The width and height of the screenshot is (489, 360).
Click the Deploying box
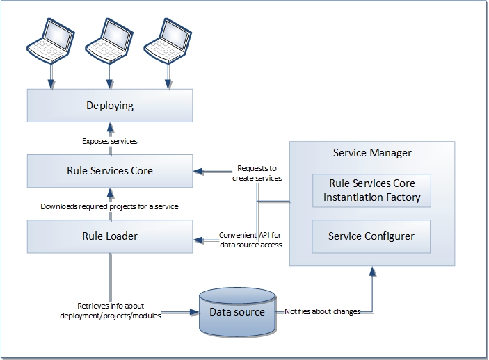[110, 106]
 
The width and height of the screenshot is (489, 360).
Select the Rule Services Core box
[110, 170]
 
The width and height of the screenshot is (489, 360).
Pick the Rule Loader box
[110, 236]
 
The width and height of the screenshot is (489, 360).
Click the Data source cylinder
[237, 312]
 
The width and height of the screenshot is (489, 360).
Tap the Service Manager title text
[372, 153]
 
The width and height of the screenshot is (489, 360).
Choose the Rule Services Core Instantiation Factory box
[371, 190]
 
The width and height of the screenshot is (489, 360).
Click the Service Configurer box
[371, 236]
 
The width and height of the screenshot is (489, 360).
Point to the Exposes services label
[110, 141]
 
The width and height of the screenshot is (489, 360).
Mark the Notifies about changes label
[322, 312]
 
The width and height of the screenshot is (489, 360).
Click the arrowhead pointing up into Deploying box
[110, 127]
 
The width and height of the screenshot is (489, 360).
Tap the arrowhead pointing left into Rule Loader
[198, 240]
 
